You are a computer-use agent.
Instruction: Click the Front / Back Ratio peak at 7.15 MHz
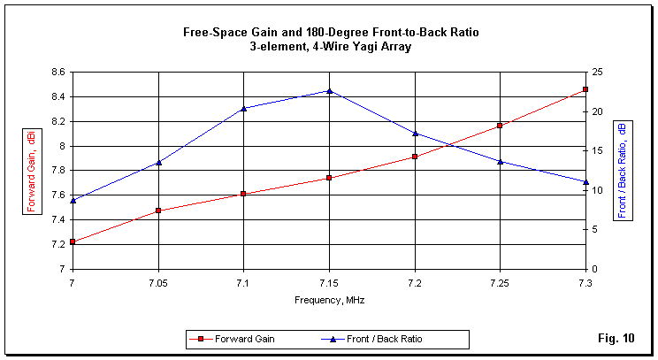(329, 91)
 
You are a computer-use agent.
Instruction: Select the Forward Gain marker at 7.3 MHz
(585, 89)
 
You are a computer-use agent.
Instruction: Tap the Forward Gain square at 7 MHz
(73, 241)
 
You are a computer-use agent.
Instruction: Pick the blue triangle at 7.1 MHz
(243, 108)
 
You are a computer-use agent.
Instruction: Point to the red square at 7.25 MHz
(500, 126)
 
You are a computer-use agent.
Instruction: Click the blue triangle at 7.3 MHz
(585, 181)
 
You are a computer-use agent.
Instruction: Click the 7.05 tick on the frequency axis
(158, 282)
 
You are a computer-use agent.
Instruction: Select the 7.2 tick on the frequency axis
(415, 282)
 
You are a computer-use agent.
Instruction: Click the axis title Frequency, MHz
(329, 300)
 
